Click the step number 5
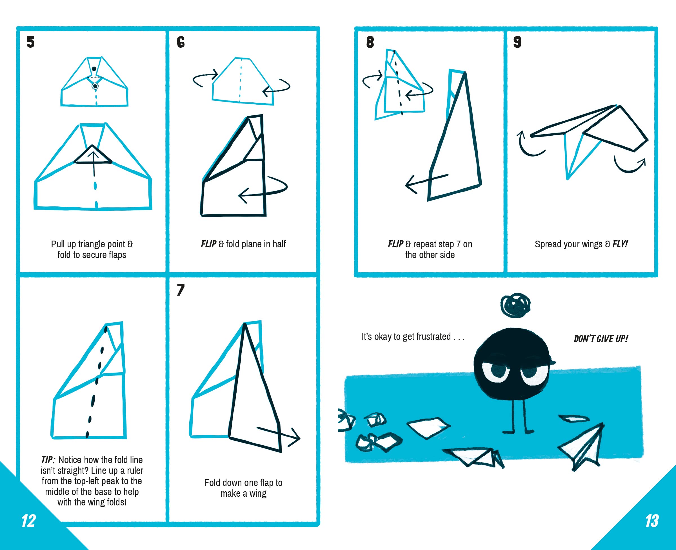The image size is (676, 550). pyautogui.click(x=30, y=42)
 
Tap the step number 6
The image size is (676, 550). pyautogui.click(x=180, y=42)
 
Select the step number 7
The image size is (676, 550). pyautogui.click(x=180, y=290)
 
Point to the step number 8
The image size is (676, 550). pyautogui.click(x=370, y=42)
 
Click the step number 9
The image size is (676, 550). pyautogui.click(x=517, y=42)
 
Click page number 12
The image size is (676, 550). pyautogui.click(x=28, y=521)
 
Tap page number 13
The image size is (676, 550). pyautogui.click(x=652, y=521)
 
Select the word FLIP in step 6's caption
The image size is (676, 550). pyautogui.click(x=208, y=244)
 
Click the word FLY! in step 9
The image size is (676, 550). pyautogui.click(x=620, y=244)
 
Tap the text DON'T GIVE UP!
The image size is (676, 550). pyautogui.click(x=601, y=339)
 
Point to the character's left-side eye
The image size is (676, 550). pyautogui.click(x=495, y=372)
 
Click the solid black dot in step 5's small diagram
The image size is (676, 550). pyautogui.click(x=94, y=69)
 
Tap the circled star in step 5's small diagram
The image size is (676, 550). pyautogui.click(x=95, y=86)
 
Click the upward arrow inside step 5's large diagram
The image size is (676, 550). pyautogui.click(x=94, y=163)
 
